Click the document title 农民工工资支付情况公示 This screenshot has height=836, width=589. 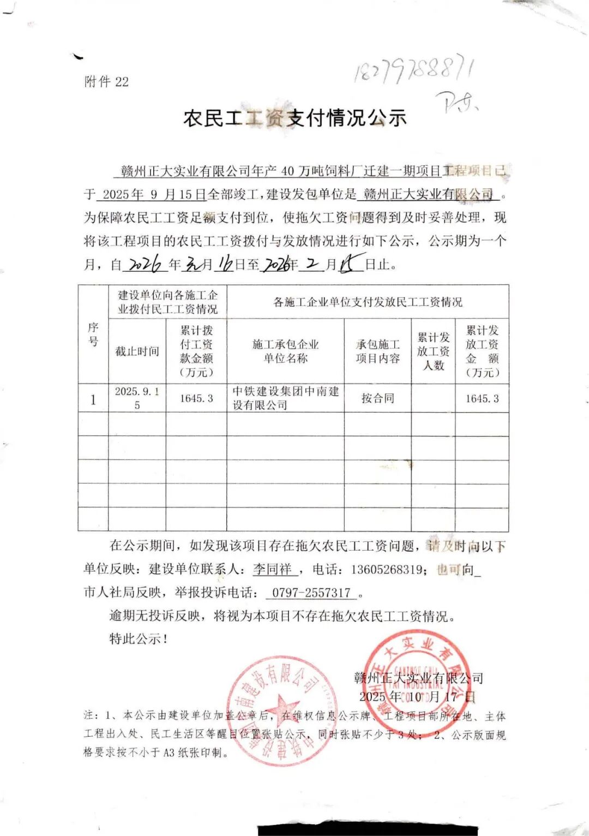[x=294, y=117]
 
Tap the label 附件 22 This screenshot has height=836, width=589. [x=106, y=82]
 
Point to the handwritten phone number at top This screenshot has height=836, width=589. [x=413, y=71]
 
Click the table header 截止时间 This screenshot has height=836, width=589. [x=137, y=351]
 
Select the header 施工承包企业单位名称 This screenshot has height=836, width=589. [x=285, y=351]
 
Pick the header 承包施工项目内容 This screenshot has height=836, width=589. [x=377, y=351]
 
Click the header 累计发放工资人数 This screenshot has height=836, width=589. [x=433, y=351]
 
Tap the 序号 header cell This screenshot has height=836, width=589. [x=93, y=334]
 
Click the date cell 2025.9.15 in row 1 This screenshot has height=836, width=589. [x=137, y=398]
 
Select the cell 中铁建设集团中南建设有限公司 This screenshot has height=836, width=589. [x=285, y=398]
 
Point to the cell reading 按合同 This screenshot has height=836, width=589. [x=377, y=398]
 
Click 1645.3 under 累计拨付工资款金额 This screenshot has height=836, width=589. [x=196, y=398]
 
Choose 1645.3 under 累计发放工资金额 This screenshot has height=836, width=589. [x=482, y=398]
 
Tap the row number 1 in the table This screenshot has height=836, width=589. [x=93, y=399]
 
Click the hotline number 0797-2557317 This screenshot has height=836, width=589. [x=311, y=593]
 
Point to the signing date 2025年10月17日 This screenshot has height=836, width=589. [x=417, y=697]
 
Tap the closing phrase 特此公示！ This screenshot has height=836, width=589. [x=139, y=638]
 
